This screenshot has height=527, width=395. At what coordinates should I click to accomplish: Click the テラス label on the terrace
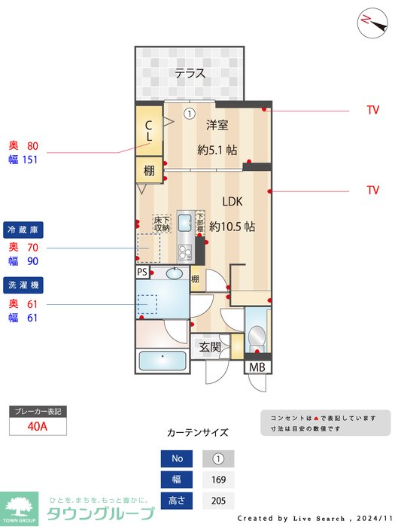click(x=190, y=73)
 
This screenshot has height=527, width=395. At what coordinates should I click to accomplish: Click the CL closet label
click(x=149, y=133)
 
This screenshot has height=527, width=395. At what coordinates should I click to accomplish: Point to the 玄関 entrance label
click(x=210, y=347)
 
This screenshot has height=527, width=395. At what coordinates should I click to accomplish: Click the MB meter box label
click(x=258, y=368)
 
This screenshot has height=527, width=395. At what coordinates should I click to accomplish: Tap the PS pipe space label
click(x=142, y=273)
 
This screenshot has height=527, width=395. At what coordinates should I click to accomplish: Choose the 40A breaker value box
click(x=38, y=426)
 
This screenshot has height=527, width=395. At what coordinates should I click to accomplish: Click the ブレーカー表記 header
click(x=38, y=412)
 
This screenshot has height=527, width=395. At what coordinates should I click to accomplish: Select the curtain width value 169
click(x=218, y=480)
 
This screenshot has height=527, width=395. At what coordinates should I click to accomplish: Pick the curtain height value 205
click(x=218, y=501)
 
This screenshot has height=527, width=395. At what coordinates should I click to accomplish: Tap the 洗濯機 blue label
click(x=23, y=285)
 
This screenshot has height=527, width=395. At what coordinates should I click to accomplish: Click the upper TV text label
click(x=372, y=110)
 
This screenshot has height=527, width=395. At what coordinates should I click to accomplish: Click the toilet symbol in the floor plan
click(x=256, y=336)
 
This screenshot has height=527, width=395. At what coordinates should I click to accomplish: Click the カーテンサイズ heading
click(x=197, y=433)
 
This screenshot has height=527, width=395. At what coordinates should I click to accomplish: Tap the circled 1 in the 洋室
click(x=190, y=114)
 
